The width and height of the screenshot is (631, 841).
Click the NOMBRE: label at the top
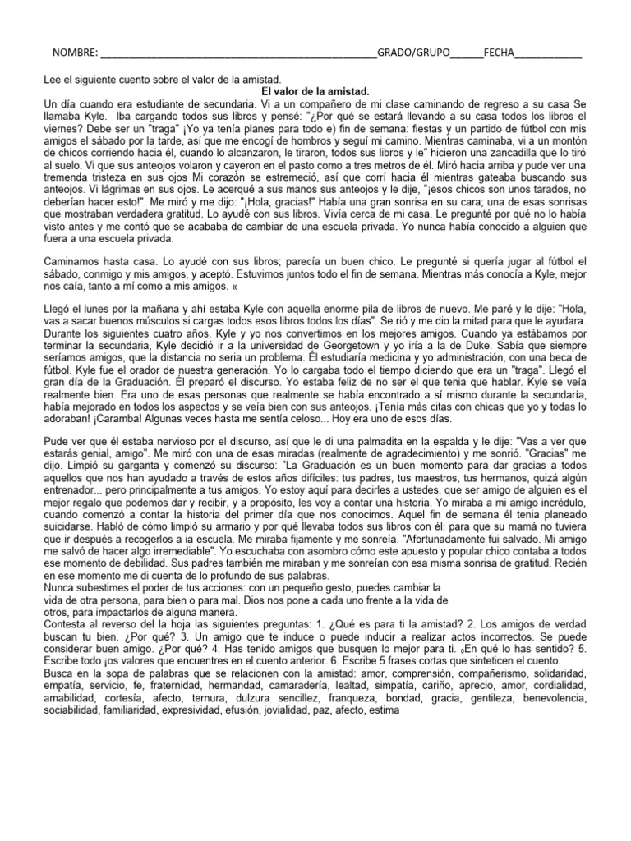click(76, 53)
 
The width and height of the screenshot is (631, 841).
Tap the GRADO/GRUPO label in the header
click(413, 53)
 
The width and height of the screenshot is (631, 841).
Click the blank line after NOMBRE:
click(237, 55)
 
